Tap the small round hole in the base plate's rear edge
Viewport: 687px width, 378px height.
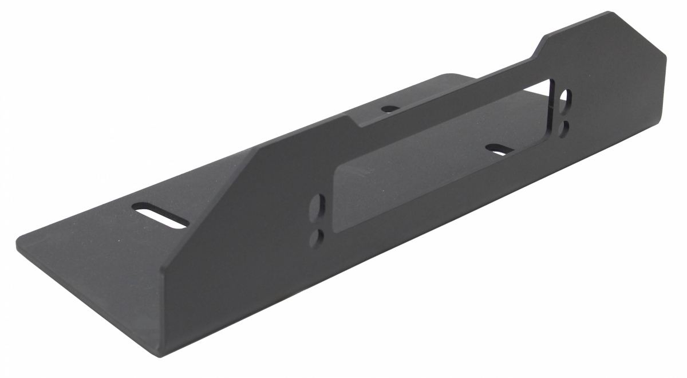pyautogui.click(x=390, y=108)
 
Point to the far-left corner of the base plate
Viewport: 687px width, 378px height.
pyautogui.click(x=18, y=239)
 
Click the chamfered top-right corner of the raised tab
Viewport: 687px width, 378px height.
pyautogui.click(x=610, y=14)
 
